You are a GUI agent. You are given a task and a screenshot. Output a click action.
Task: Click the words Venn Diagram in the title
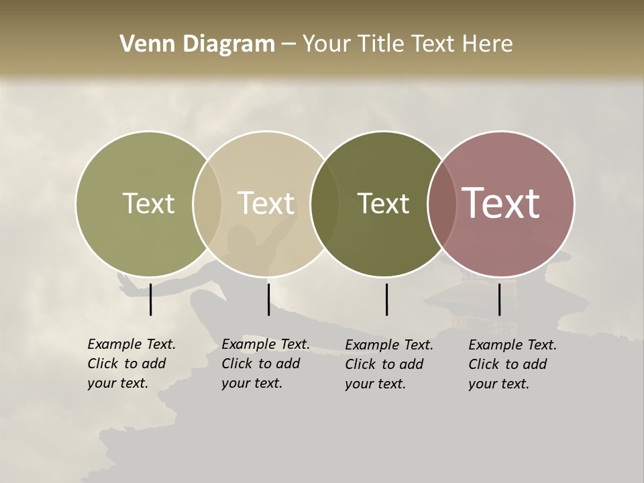[x=197, y=44]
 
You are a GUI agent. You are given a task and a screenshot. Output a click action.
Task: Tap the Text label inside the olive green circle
[x=148, y=203]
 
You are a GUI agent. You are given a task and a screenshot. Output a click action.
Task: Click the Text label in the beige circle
[x=266, y=203]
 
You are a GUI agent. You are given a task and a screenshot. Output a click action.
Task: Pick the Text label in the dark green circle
[x=383, y=203]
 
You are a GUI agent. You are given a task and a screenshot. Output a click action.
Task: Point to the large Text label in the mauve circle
[x=500, y=203]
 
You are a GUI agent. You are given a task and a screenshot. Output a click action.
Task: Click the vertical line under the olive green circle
[x=151, y=299]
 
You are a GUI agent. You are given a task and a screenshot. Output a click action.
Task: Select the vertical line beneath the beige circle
[x=268, y=299]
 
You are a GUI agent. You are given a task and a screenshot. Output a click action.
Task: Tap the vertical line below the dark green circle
[x=386, y=299]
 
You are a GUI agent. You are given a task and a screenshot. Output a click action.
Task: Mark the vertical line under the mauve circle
[x=499, y=299]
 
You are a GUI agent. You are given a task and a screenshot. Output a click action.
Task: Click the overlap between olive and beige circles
[x=207, y=203]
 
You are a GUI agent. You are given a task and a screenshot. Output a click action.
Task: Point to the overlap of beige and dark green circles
[x=325, y=203]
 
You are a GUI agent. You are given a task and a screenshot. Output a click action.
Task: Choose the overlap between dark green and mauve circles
[x=442, y=203]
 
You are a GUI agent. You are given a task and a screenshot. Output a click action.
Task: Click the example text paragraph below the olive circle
[x=131, y=364]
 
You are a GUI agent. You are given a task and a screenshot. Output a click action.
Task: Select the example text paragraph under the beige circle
[x=266, y=364]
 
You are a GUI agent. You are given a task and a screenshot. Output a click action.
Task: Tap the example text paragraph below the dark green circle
[x=389, y=364]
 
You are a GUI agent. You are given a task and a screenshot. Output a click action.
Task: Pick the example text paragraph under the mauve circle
[x=513, y=364]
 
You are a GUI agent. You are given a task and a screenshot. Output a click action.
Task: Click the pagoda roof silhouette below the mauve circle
[x=463, y=295]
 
